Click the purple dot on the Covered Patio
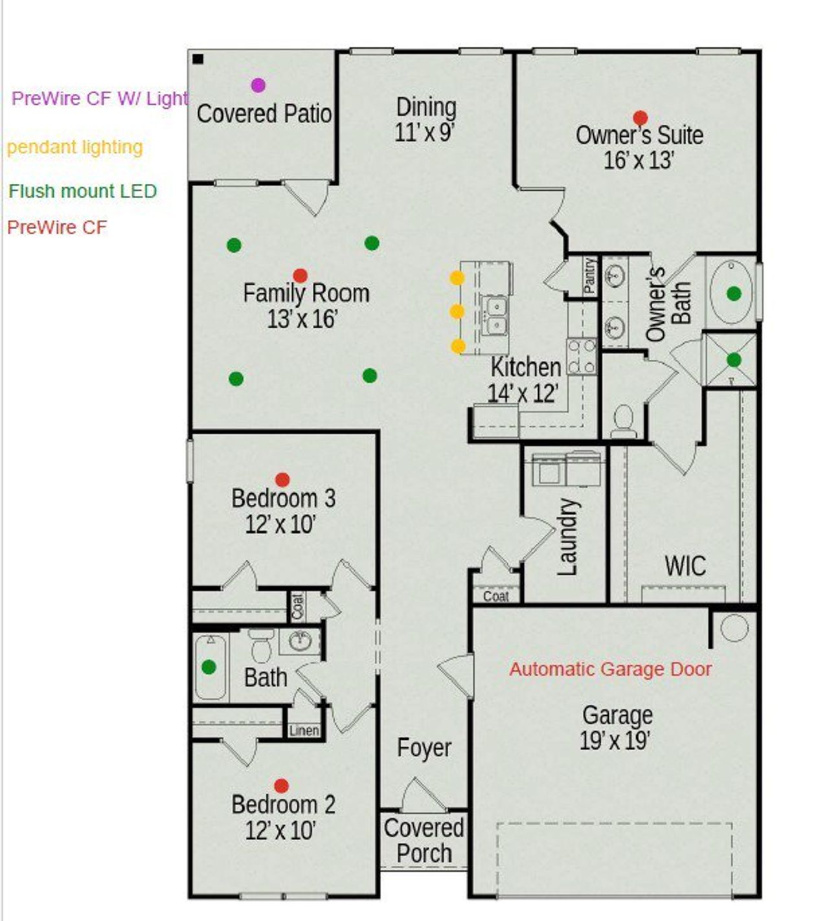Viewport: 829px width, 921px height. tap(258, 85)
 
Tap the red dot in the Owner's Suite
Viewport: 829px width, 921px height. tap(640, 118)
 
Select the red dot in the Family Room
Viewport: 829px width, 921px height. tap(300, 276)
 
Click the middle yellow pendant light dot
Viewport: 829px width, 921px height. tap(457, 312)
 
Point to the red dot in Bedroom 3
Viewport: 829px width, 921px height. tap(282, 480)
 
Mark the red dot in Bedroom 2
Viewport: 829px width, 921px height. tap(281, 786)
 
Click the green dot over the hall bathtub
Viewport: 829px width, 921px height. tap(209, 667)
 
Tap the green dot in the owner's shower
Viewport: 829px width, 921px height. tap(734, 359)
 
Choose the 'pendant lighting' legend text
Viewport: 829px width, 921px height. tap(74, 147)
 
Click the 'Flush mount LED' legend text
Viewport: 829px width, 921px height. tap(82, 191)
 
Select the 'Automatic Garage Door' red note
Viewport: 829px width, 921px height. tap(610, 669)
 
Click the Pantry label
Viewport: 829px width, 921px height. tap(589, 276)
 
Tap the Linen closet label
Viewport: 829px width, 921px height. tap(304, 730)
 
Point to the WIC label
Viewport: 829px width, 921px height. tap(685, 566)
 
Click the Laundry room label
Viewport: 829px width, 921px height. tap(567, 537)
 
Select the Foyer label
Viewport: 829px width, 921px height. tap(424, 748)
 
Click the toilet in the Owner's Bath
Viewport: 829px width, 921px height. tap(624, 421)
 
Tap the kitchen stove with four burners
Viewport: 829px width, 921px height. tap(581, 357)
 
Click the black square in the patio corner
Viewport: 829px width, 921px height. tap(198, 60)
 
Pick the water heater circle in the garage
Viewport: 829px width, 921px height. tap(734, 628)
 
